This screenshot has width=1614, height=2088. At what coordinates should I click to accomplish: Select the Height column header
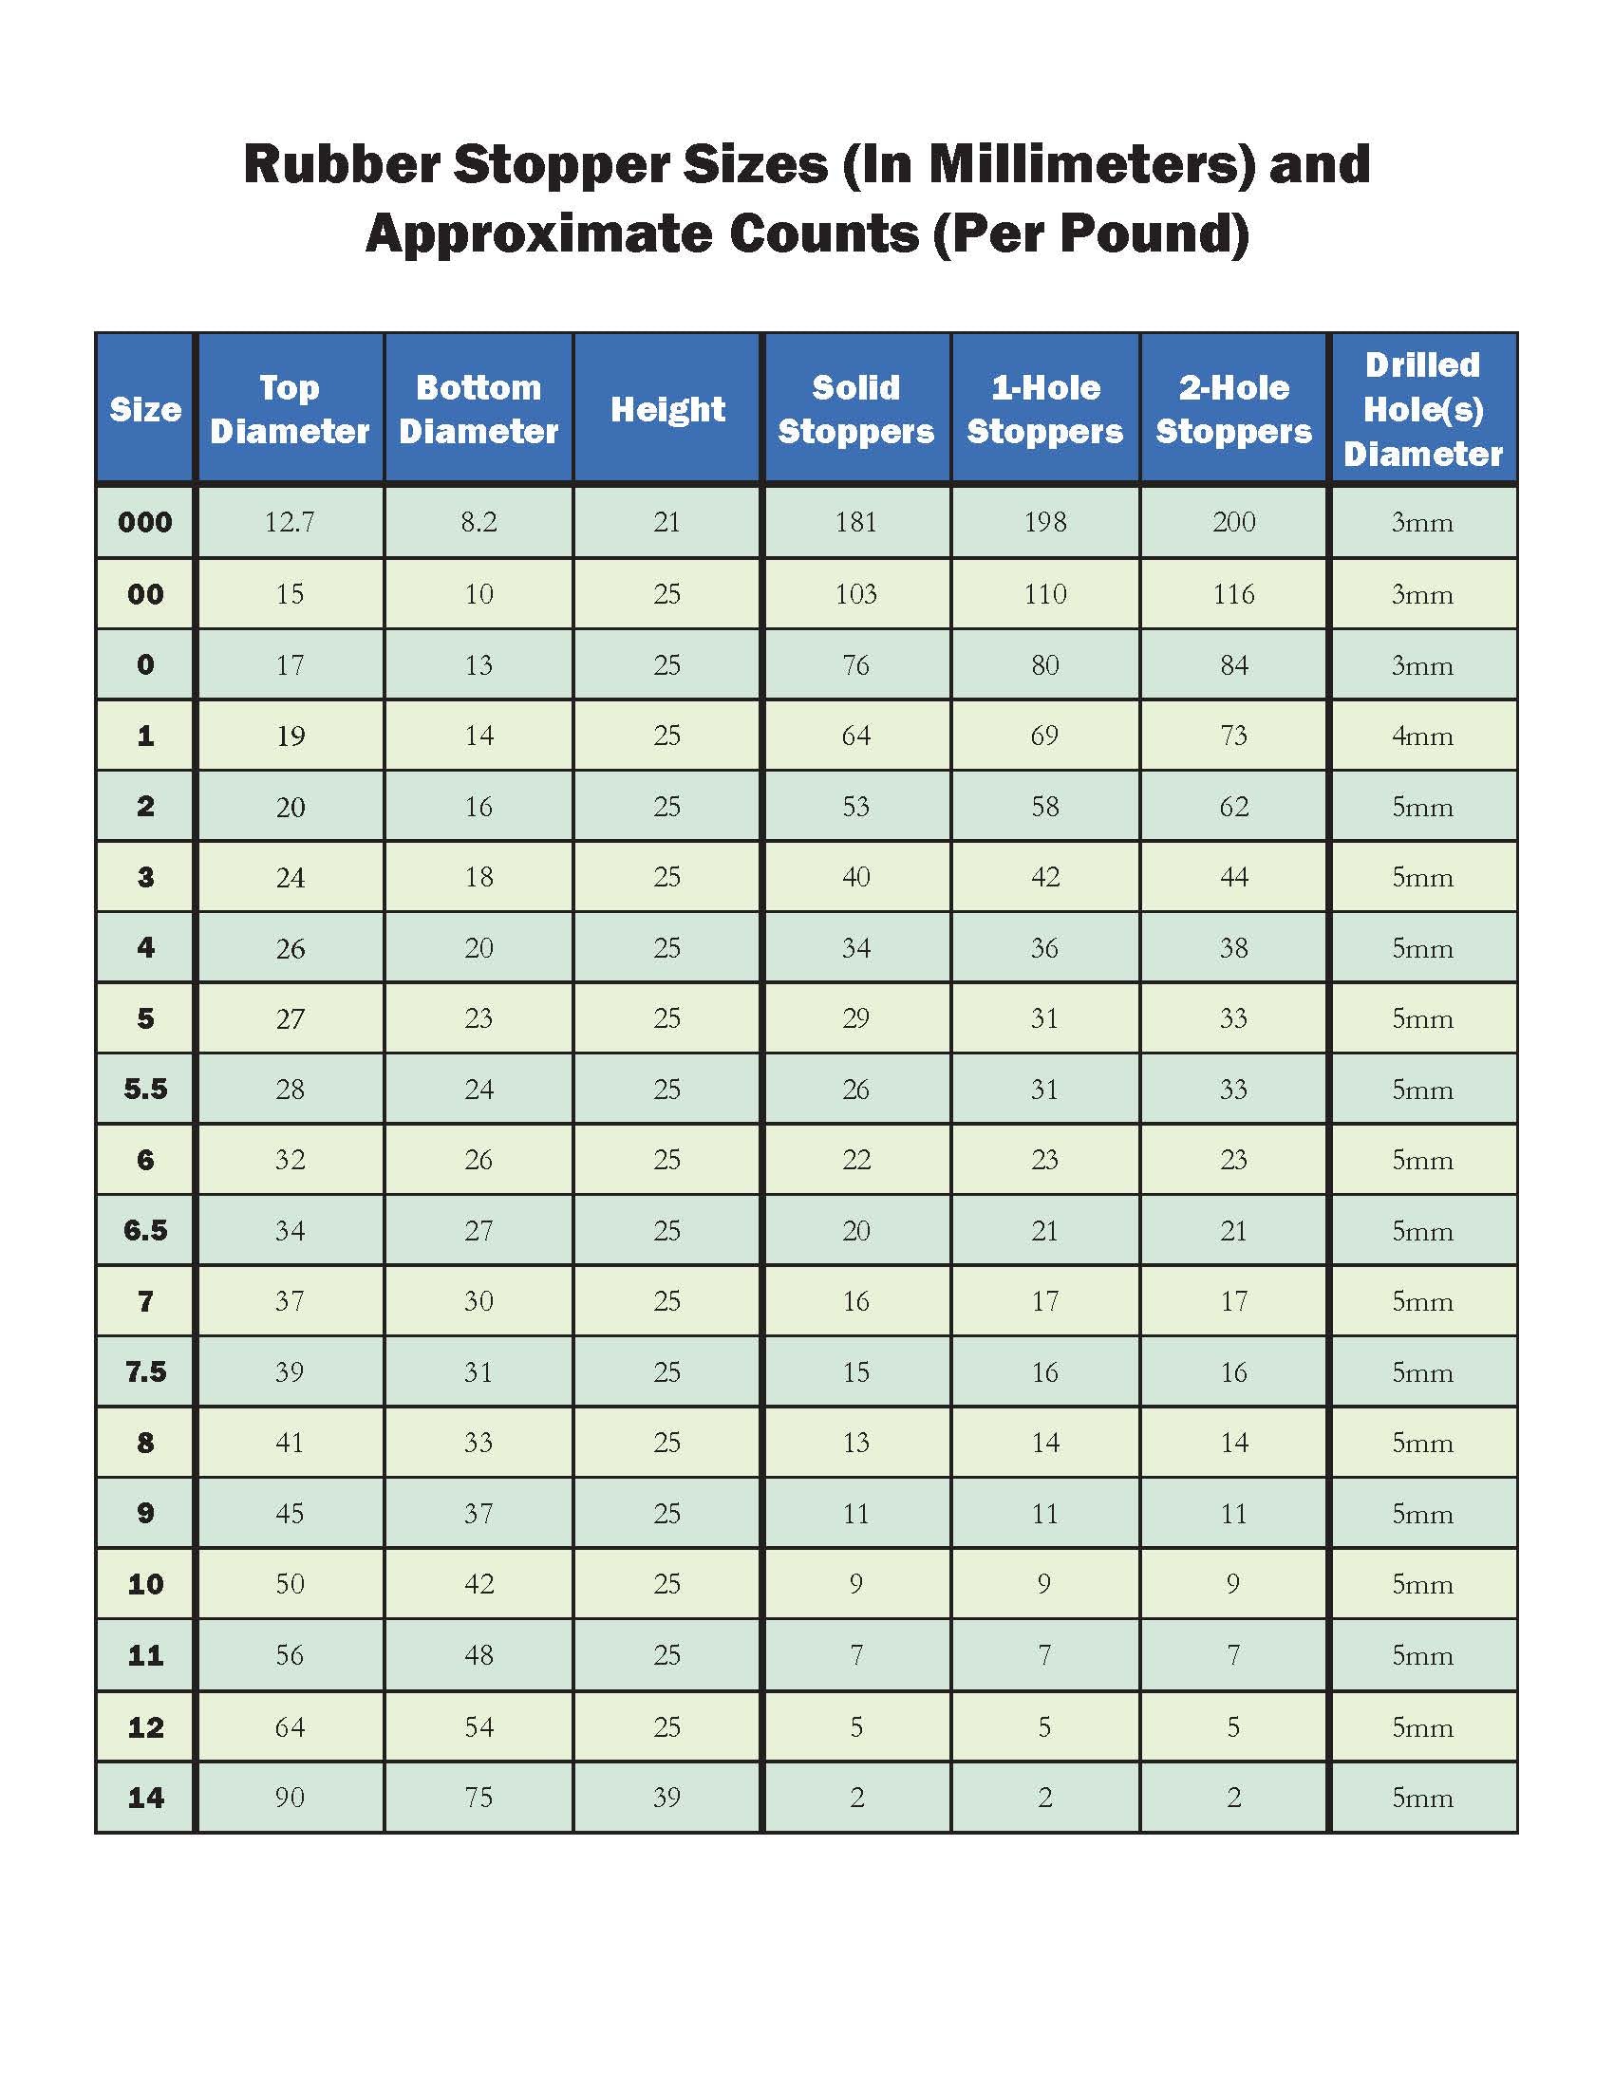tap(667, 409)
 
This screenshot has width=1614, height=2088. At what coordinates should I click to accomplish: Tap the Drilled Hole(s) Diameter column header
tap(1423, 409)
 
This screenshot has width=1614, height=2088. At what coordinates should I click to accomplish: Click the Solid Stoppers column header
tap(855, 409)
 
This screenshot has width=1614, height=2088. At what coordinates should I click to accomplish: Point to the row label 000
tap(145, 522)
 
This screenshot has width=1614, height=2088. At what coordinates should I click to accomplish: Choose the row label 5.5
tap(145, 1088)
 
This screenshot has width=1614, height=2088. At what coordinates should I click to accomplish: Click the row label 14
tap(145, 1798)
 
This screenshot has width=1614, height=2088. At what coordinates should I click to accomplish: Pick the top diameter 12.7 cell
tap(290, 522)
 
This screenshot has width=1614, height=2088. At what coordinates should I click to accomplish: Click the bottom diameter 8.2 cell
tap(479, 522)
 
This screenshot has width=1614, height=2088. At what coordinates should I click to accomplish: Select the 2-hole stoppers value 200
tap(1233, 522)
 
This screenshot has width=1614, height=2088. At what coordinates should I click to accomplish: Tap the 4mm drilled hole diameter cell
tap(1423, 736)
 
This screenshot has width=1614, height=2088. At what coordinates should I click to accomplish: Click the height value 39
tap(667, 1798)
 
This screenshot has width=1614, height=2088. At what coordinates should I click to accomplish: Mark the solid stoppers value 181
tap(855, 522)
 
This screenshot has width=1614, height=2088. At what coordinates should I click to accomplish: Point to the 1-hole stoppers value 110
tap(1045, 594)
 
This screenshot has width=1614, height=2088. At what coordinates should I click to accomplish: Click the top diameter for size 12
tap(290, 1726)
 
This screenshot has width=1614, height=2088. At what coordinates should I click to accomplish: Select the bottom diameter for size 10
tap(479, 1584)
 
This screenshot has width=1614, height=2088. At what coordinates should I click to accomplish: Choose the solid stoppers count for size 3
tap(855, 877)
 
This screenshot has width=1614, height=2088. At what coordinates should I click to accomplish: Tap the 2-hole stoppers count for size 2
tap(1233, 807)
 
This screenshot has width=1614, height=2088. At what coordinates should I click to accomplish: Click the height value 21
tap(667, 522)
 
